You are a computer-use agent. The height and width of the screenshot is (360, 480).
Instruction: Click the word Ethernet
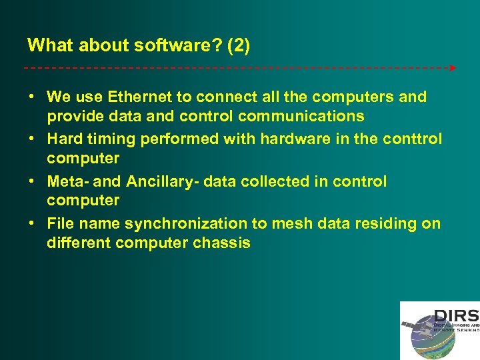[x=137, y=97]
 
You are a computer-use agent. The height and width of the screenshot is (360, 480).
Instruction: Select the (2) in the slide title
[x=238, y=45]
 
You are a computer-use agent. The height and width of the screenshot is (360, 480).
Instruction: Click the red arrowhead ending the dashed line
[x=453, y=68]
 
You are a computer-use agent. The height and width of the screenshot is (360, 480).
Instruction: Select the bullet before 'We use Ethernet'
[x=31, y=97]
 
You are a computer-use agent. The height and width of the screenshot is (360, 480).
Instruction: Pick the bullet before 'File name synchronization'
[x=31, y=223]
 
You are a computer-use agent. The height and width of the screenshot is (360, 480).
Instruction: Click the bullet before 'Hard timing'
[x=31, y=139]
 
